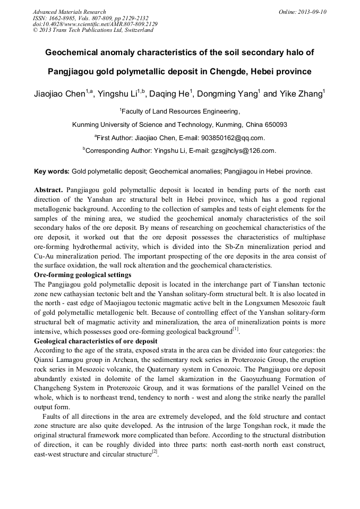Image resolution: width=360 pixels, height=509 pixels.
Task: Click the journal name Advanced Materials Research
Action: (x=69, y=12)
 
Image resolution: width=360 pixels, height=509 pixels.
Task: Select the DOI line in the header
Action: (x=87, y=24)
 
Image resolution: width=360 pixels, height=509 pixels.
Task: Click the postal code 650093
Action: (x=273, y=125)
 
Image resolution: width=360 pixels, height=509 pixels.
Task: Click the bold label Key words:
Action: (x=52, y=171)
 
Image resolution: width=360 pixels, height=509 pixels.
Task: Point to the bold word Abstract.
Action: (x=48, y=189)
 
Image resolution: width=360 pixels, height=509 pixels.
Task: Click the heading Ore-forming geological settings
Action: (x=82, y=274)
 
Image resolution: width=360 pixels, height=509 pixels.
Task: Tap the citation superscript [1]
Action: (x=235, y=330)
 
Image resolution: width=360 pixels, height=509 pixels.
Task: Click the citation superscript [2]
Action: (x=155, y=452)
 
